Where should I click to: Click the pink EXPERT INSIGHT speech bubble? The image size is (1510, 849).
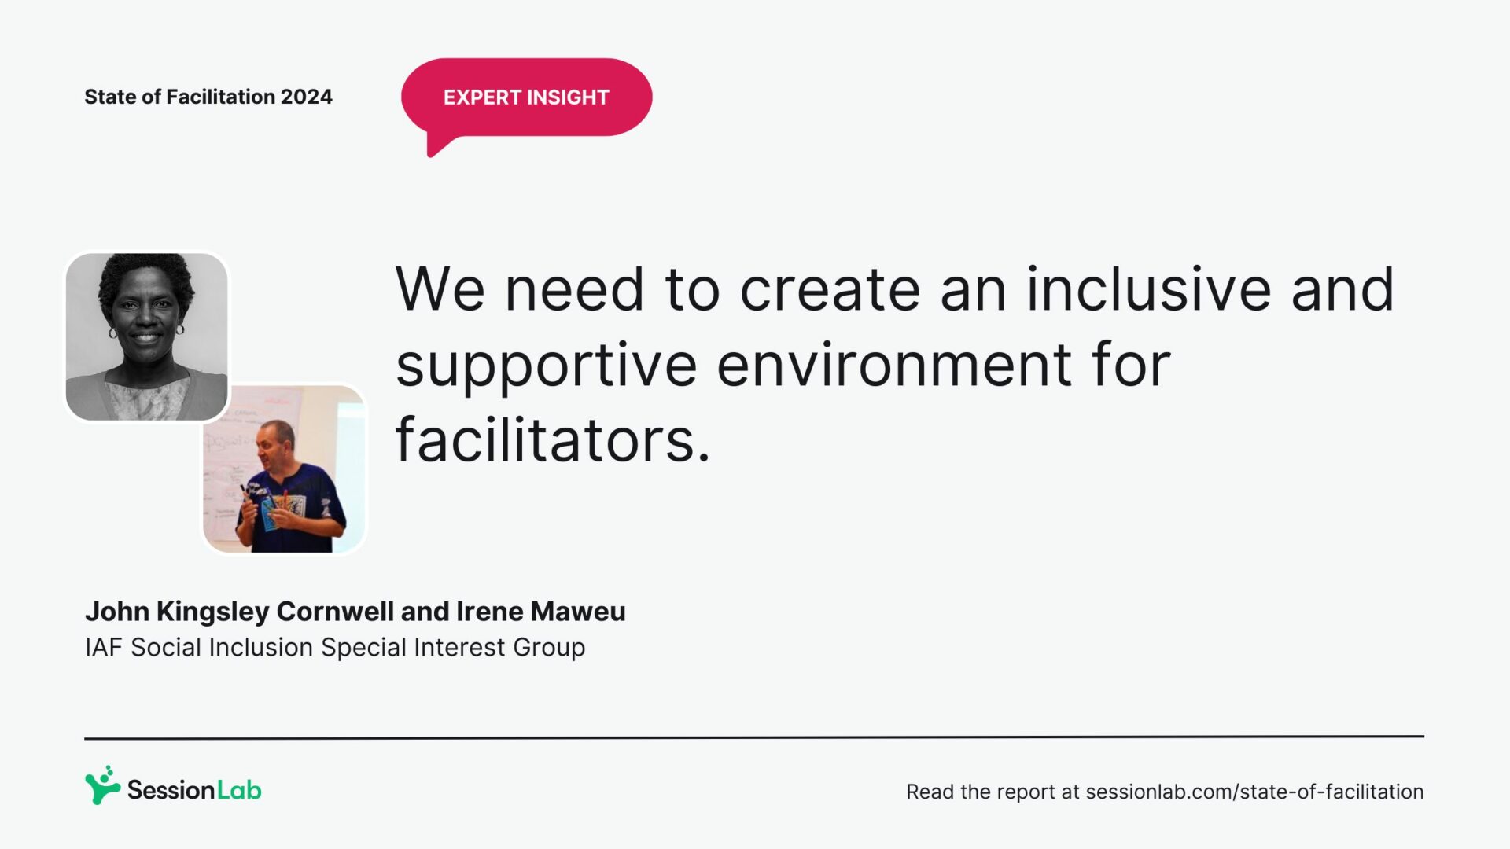pyautogui.click(x=526, y=97)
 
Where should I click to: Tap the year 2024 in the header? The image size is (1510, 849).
pyautogui.click(x=307, y=97)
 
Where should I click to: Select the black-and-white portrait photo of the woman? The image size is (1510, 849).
pyautogui.click(x=147, y=336)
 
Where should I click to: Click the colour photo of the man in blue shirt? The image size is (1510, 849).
pyautogui.click(x=285, y=469)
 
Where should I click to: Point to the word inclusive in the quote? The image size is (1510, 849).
pyautogui.click(x=1148, y=289)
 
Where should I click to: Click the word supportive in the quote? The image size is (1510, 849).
pyautogui.click(x=547, y=366)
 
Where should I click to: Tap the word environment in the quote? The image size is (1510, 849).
pyautogui.click(x=894, y=366)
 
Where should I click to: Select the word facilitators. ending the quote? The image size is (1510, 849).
pyautogui.click(x=553, y=439)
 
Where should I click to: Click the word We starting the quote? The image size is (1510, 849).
pyautogui.click(x=440, y=290)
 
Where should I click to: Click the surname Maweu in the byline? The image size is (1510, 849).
pyautogui.click(x=578, y=612)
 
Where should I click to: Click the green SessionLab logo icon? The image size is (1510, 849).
pyautogui.click(x=102, y=785)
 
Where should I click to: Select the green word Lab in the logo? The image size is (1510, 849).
pyautogui.click(x=239, y=790)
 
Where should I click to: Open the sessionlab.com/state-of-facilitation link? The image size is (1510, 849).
pyautogui.click(x=1254, y=792)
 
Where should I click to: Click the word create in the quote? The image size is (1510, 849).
pyautogui.click(x=830, y=290)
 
